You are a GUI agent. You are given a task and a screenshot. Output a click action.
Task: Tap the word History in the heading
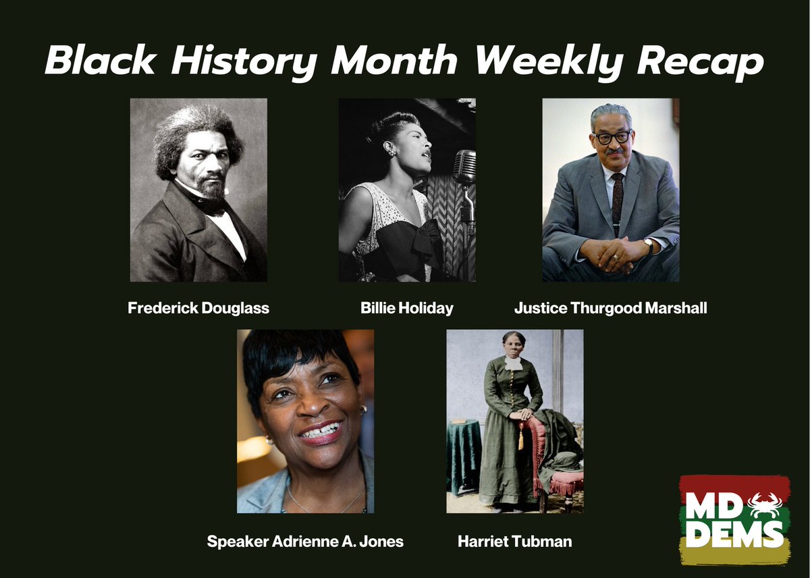[245, 62]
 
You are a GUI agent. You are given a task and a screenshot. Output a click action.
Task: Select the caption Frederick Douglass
[198, 309]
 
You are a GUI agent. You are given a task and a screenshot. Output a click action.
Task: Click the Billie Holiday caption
[407, 309]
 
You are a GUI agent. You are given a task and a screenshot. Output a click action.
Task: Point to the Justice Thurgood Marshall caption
[611, 309]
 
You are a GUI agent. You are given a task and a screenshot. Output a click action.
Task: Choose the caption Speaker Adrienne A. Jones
[305, 542]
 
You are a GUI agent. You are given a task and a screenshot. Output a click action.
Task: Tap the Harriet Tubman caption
[514, 542]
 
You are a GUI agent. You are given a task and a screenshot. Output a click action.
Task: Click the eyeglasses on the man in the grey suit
[611, 137]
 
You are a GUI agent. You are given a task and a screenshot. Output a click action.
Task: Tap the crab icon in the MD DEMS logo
[765, 502]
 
